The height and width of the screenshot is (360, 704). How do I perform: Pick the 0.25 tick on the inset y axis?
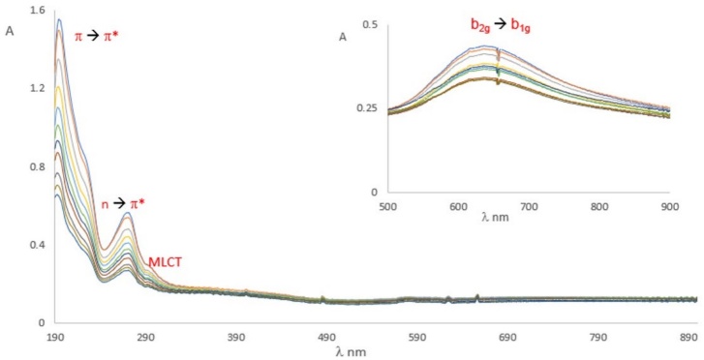[x=368, y=107]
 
